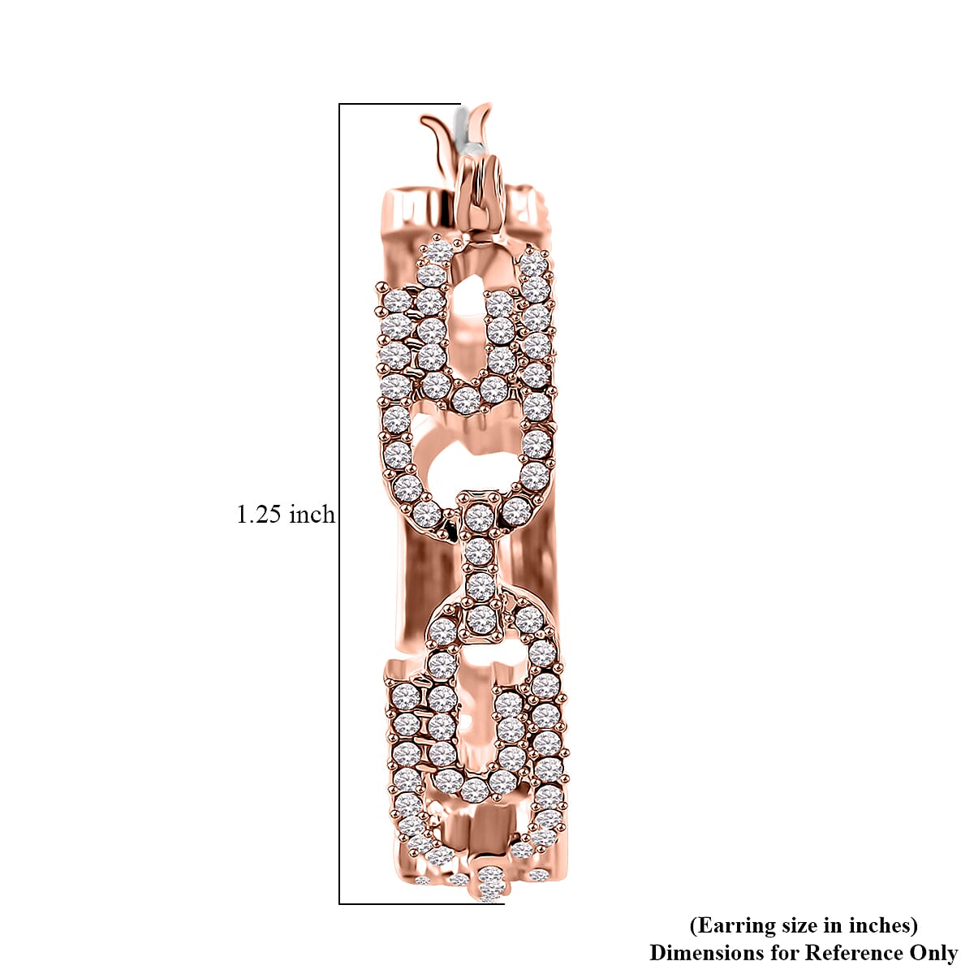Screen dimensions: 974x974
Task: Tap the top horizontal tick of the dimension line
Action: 398,104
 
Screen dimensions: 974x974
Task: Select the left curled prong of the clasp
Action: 437,130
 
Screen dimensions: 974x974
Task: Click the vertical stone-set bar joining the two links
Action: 480,560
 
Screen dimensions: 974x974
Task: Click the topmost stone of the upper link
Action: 439,251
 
